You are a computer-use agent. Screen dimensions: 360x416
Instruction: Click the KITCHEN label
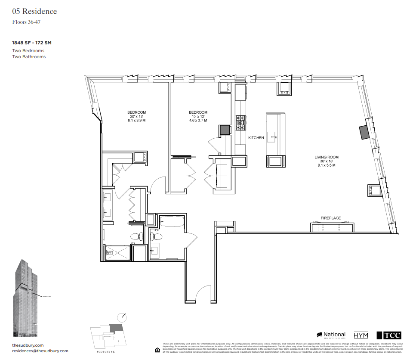click(x=256, y=138)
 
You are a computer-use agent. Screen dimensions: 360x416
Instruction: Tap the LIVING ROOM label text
click(x=327, y=157)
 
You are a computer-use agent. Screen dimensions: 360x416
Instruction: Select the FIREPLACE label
click(x=331, y=218)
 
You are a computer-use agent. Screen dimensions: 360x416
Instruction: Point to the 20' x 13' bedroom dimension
click(x=136, y=117)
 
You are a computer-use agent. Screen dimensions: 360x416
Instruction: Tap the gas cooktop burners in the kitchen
click(x=240, y=122)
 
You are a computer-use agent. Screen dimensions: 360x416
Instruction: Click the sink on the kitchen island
click(x=272, y=137)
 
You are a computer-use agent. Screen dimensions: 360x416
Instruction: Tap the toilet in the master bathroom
click(x=136, y=236)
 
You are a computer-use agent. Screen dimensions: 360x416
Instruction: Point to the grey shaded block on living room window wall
click(x=364, y=132)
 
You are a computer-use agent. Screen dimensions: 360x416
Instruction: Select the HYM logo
click(x=361, y=335)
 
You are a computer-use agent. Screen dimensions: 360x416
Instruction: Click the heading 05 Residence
click(x=34, y=11)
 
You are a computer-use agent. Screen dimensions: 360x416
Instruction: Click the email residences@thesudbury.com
click(x=40, y=351)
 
